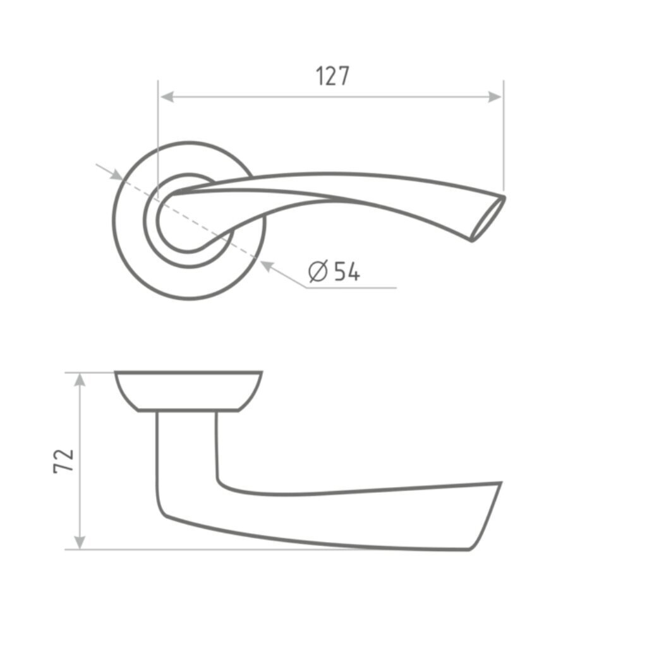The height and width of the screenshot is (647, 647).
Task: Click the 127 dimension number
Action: [332, 76]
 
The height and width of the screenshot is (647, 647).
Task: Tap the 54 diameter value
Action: [347, 271]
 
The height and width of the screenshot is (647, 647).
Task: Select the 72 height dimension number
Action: [64, 460]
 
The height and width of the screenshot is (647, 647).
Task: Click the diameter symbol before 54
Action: [318, 271]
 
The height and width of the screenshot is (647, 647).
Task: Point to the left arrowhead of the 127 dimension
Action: [166, 97]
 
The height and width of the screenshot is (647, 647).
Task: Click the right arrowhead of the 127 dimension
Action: [495, 97]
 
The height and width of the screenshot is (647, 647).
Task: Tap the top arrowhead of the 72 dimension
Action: [80, 380]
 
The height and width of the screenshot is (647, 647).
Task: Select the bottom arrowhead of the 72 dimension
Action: [80, 542]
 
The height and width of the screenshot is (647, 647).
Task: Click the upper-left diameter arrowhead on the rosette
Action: [116, 175]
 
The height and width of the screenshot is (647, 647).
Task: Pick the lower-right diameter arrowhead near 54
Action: [267, 266]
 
